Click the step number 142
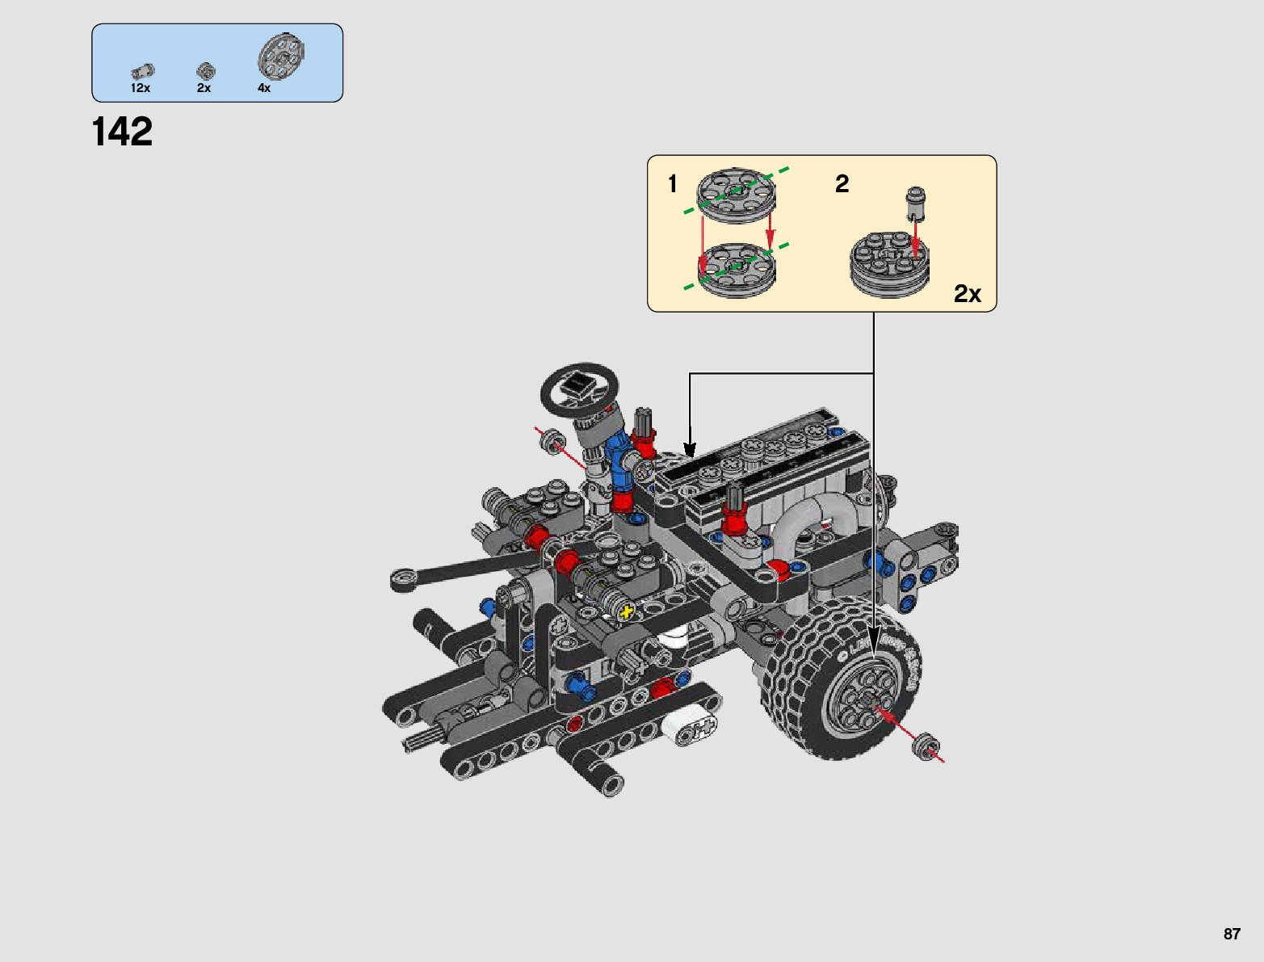[122, 132]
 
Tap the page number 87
[1232, 933]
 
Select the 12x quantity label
[141, 88]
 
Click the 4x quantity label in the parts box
[264, 88]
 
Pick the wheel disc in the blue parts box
[281, 56]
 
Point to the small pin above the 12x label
[143, 71]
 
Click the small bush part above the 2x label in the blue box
[206, 71]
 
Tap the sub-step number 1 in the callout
[672, 184]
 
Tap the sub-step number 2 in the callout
[842, 184]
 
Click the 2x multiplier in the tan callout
[968, 294]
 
